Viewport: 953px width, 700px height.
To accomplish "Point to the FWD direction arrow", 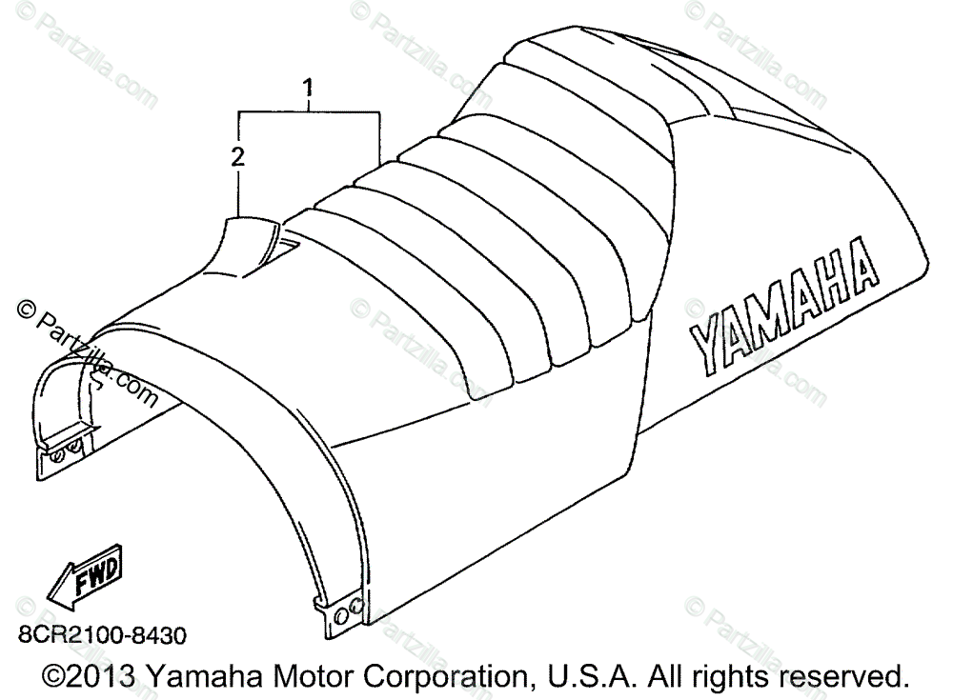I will pyautogui.click(x=85, y=577).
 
